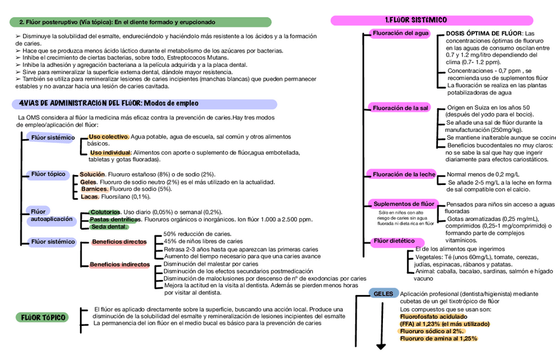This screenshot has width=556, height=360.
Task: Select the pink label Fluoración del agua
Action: [x=400, y=33]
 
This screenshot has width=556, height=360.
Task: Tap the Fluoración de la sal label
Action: [x=400, y=108]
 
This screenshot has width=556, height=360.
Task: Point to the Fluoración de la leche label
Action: [x=403, y=174]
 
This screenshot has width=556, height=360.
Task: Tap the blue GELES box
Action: [x=383, y=294]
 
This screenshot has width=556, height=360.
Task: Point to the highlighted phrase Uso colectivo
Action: [x=109, y=136]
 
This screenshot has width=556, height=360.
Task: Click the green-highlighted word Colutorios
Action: [x=105, y=212]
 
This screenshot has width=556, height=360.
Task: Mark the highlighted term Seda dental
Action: [x=109, y=227]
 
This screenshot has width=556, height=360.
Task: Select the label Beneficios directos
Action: [x=119, y=242]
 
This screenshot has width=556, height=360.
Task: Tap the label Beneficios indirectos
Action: [x=119, y=265]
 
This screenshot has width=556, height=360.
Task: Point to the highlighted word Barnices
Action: [x=94, y=189]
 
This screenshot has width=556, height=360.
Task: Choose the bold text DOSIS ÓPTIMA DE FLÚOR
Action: [x=484, y=33]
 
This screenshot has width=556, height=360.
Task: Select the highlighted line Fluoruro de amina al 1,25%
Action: [x=438, y=338]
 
